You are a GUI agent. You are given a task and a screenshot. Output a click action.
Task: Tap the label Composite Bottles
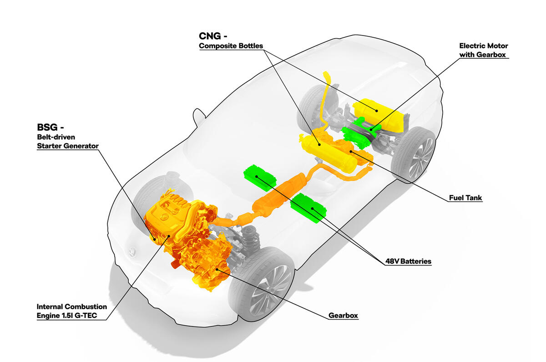pyautogui.click(x=231, y=46)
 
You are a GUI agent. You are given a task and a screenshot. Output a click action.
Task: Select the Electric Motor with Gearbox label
pyautogui.click(x=483, y=50)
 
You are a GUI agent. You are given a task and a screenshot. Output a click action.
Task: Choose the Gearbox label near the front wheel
pyautogui.click(x=343, y=315)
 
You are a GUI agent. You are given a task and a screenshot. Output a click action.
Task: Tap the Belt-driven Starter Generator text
pyautogui.click(x=67, y=141)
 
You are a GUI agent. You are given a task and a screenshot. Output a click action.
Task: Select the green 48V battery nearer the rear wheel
pyautogui.click(x=308, y=208)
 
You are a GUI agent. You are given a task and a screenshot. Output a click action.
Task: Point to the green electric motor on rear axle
pyautogui.click(x=359, y=132)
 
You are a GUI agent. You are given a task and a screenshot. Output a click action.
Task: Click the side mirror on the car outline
pyautogui.click(x=198, y=117)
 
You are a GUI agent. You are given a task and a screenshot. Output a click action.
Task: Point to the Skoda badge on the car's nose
pyautogui.click(x=131, y=252)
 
